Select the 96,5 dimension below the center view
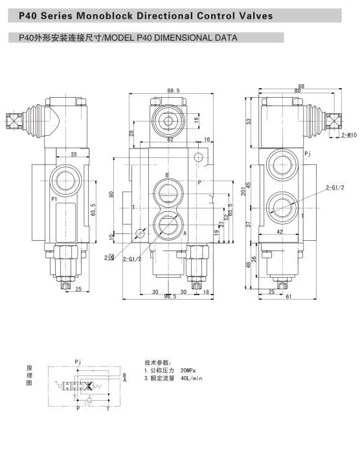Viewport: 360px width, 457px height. pyautogui.click(x=170, y=297)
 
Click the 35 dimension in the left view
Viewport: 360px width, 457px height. pyautogui.click(x=74, y=154)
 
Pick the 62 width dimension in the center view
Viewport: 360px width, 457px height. pyautogui.click(x=170, y=139)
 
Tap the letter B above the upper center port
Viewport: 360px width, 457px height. pyautogui.click(x=166, y=176)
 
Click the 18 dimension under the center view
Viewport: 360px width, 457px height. pyautogui.click(x=206, y=292)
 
